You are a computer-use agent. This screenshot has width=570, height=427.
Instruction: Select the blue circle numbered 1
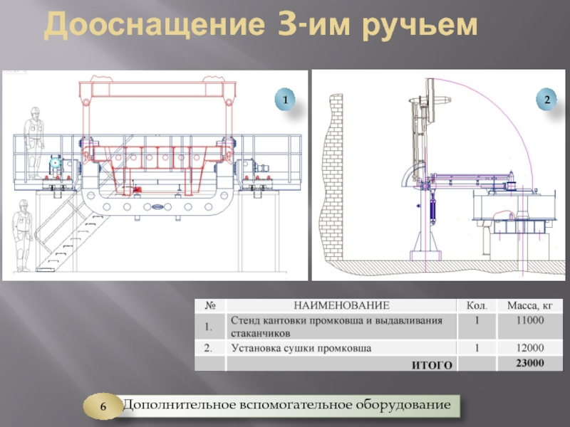click(x=285, y=99)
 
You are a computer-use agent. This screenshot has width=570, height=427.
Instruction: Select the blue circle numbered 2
click(x=546, y=99)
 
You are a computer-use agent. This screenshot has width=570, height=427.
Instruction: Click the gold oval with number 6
click(x=103, y=406)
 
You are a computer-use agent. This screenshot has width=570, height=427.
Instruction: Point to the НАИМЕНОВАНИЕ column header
click(x=341, y=305)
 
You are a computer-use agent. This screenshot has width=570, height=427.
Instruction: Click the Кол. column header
click(x=477, y=306)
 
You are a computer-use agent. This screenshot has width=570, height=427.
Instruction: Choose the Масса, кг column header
click(x=529, y=306)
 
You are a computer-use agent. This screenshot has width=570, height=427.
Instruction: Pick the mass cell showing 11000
click(x=530, y=320)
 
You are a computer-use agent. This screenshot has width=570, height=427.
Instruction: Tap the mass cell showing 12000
click(x=530, y=348)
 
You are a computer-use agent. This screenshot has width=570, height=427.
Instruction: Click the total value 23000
click(x=530, y=363)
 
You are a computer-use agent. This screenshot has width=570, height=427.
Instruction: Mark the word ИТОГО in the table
click(x=432, y=365)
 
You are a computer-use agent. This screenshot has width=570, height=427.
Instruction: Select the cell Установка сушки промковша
click(x=301, y=348)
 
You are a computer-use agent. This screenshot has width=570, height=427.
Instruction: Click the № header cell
click(x=210, y=306)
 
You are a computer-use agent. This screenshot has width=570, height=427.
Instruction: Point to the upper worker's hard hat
click(x=35, y=110)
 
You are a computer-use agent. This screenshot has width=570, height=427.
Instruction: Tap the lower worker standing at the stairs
click(x=22, y=236)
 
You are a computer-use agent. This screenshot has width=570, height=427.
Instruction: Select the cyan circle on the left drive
click(x=56, y=163)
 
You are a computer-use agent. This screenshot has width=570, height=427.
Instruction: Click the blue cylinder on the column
click(x=432, y=210)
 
